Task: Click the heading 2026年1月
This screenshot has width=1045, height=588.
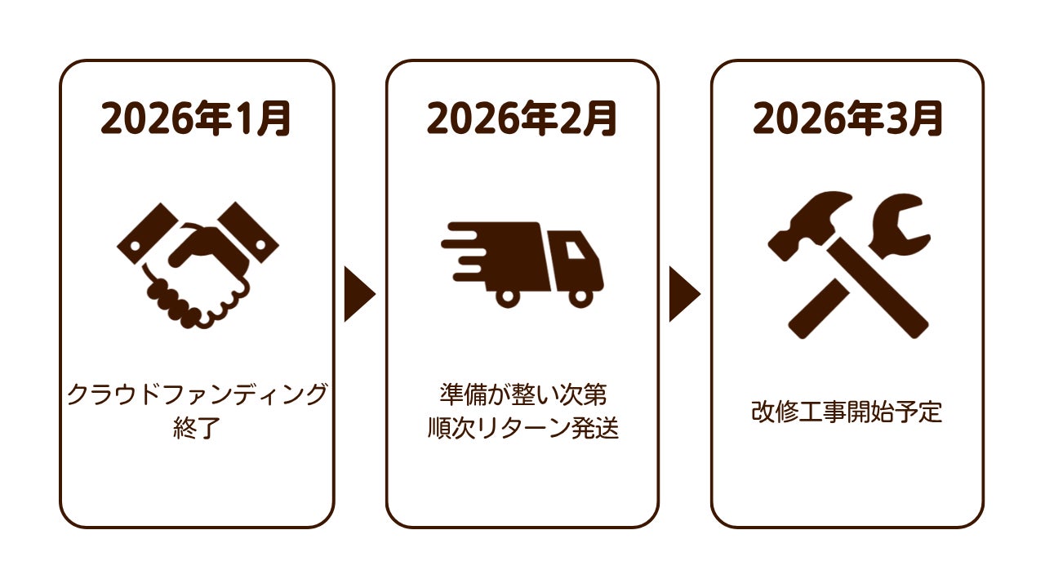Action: tap(196, 119)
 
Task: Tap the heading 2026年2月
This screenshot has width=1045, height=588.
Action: tap(522, 119)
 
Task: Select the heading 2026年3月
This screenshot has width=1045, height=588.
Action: tap(847, 119)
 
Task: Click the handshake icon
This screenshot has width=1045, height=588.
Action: tap(197, 265)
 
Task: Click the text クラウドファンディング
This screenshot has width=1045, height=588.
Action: tap(197, 394)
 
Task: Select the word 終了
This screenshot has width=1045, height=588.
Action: tap(197, 429)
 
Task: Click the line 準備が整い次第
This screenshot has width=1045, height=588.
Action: tap(522, 394)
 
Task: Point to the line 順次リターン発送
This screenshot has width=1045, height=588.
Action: tap(522, 429)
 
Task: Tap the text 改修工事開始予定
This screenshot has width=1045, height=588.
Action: tap(847, 412)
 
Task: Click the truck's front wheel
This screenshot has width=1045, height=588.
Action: tap(580, 297)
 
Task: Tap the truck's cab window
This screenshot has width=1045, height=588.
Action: tap(576, 247)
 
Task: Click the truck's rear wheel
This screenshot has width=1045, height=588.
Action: tap(507, 297)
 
